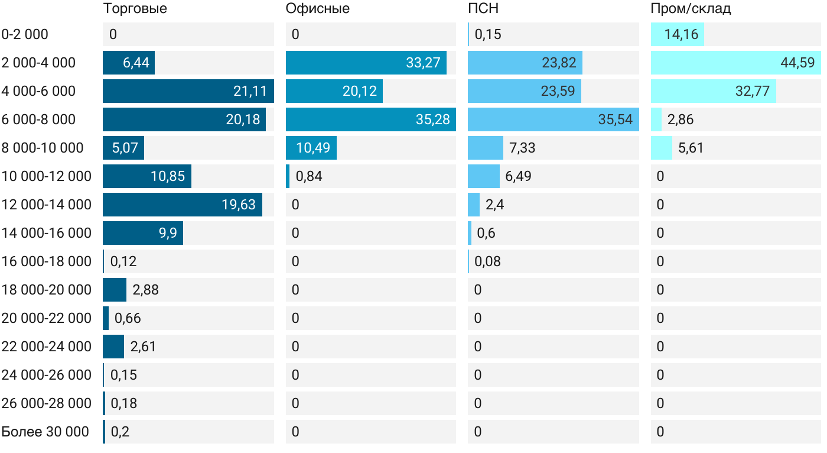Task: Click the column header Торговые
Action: click(x=135, y=9)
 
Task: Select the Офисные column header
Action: click(x=317, y=9)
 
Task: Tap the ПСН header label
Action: click(x=483, y=9)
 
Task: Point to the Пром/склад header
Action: click(x=691, y=9)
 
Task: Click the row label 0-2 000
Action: click(x=25, y=34)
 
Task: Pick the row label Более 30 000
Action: click(x=45, y=432)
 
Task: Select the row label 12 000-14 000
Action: click(x=47, y=205)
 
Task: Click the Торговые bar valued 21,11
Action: click(x=188, y=91)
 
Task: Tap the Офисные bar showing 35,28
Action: click(x=370, y=119)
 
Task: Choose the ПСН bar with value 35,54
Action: click(x=553, y=119)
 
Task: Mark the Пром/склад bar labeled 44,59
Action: click(x=735, y=63)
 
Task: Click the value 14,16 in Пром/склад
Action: click(x=681, y=34)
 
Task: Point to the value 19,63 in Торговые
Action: click(x=239, y=205)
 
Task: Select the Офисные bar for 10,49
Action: click(x=311, y=148)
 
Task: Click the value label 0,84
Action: click(x=309, y=176)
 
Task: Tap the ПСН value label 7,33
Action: click(x=522, y=148)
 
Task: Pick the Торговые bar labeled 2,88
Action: click(x=115, y=290)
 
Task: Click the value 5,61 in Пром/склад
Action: click(x=691, y=148)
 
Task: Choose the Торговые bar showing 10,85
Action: click(x=146, y=176)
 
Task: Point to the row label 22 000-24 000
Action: click(x=47, y=347)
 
